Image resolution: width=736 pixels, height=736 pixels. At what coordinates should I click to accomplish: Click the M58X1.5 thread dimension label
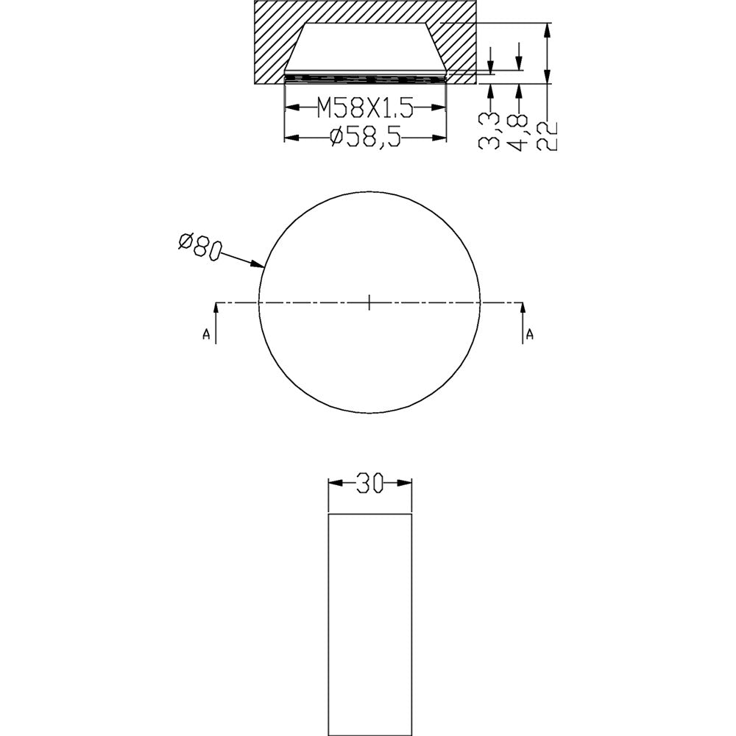365,109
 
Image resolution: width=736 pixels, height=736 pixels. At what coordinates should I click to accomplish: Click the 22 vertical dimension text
548,135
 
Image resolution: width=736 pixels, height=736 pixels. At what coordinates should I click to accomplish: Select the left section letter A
206,335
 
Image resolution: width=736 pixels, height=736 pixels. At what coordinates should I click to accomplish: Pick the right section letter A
530,335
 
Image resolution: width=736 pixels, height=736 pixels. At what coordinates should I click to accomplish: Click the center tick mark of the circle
369,302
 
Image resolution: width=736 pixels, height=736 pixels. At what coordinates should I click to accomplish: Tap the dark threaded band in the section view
366,77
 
